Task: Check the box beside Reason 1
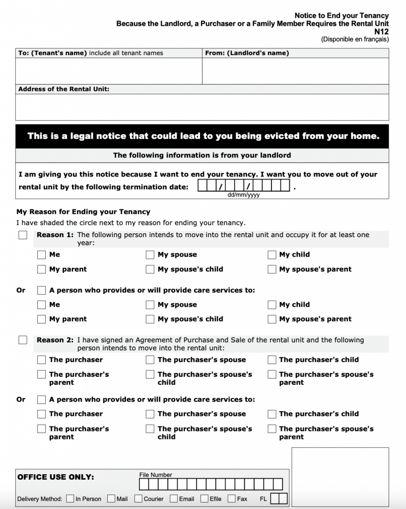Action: pos(23,235)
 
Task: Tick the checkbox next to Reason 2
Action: pos(23,340)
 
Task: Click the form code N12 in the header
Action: pos(381,31)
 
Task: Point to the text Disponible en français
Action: pos(354,39)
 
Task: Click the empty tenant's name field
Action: pos(109,71)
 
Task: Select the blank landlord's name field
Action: pos(295,71)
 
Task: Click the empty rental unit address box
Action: pos(202,107)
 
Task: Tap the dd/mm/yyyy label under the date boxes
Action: pos(243,195)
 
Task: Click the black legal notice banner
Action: pos(202,136)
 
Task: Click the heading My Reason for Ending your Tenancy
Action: pos(83,212)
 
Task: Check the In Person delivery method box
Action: pos(70,499)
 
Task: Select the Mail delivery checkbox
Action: pos(111,499)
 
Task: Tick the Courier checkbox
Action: pos(138,499)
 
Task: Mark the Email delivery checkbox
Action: pos(174,499)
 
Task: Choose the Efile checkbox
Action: pos(204,499)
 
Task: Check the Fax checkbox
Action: pos(232,499)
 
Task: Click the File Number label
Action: pos(156,475)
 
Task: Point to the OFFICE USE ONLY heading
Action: pos(56,477)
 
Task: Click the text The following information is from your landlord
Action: pos(202,156)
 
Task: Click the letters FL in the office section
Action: pos(263,499)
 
